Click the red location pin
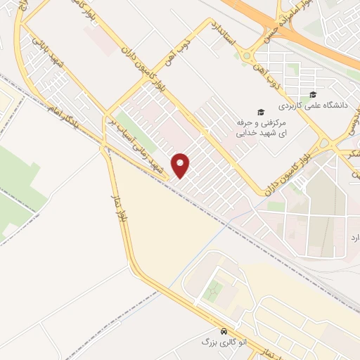click(181, 165)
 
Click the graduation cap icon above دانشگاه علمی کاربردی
click(313, 95)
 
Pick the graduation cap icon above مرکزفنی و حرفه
click(260, 111)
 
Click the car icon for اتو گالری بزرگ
click(224, 331)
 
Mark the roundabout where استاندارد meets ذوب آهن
click(247, 56)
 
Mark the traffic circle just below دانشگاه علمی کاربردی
click(328, 144)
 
